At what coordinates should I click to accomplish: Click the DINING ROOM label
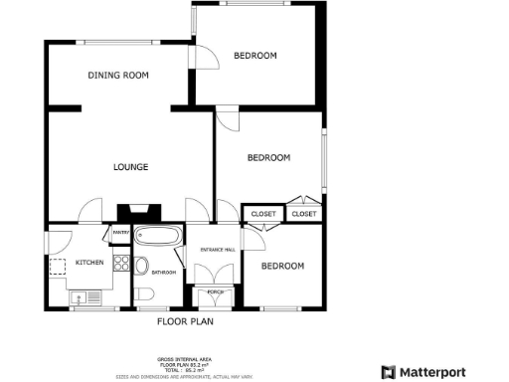coord(118,76)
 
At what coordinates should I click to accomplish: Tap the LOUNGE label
coord(130,167)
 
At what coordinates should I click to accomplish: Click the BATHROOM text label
coord(164,273)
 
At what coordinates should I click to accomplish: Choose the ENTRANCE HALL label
coord(217,250)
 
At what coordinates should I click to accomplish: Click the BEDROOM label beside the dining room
coord(254,56)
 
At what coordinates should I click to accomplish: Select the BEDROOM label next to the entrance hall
coord(282,266)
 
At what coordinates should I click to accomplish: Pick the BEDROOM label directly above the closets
coord(268,158)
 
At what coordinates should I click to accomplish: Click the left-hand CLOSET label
coord(263,214)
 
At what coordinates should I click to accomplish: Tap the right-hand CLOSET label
coord(304,214)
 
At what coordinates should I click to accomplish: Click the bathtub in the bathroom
coord(158,238)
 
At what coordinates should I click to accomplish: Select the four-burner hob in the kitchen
coord(121,264)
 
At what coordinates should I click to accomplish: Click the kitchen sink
coord(80,296)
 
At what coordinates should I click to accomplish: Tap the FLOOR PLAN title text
coord(186,321)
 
